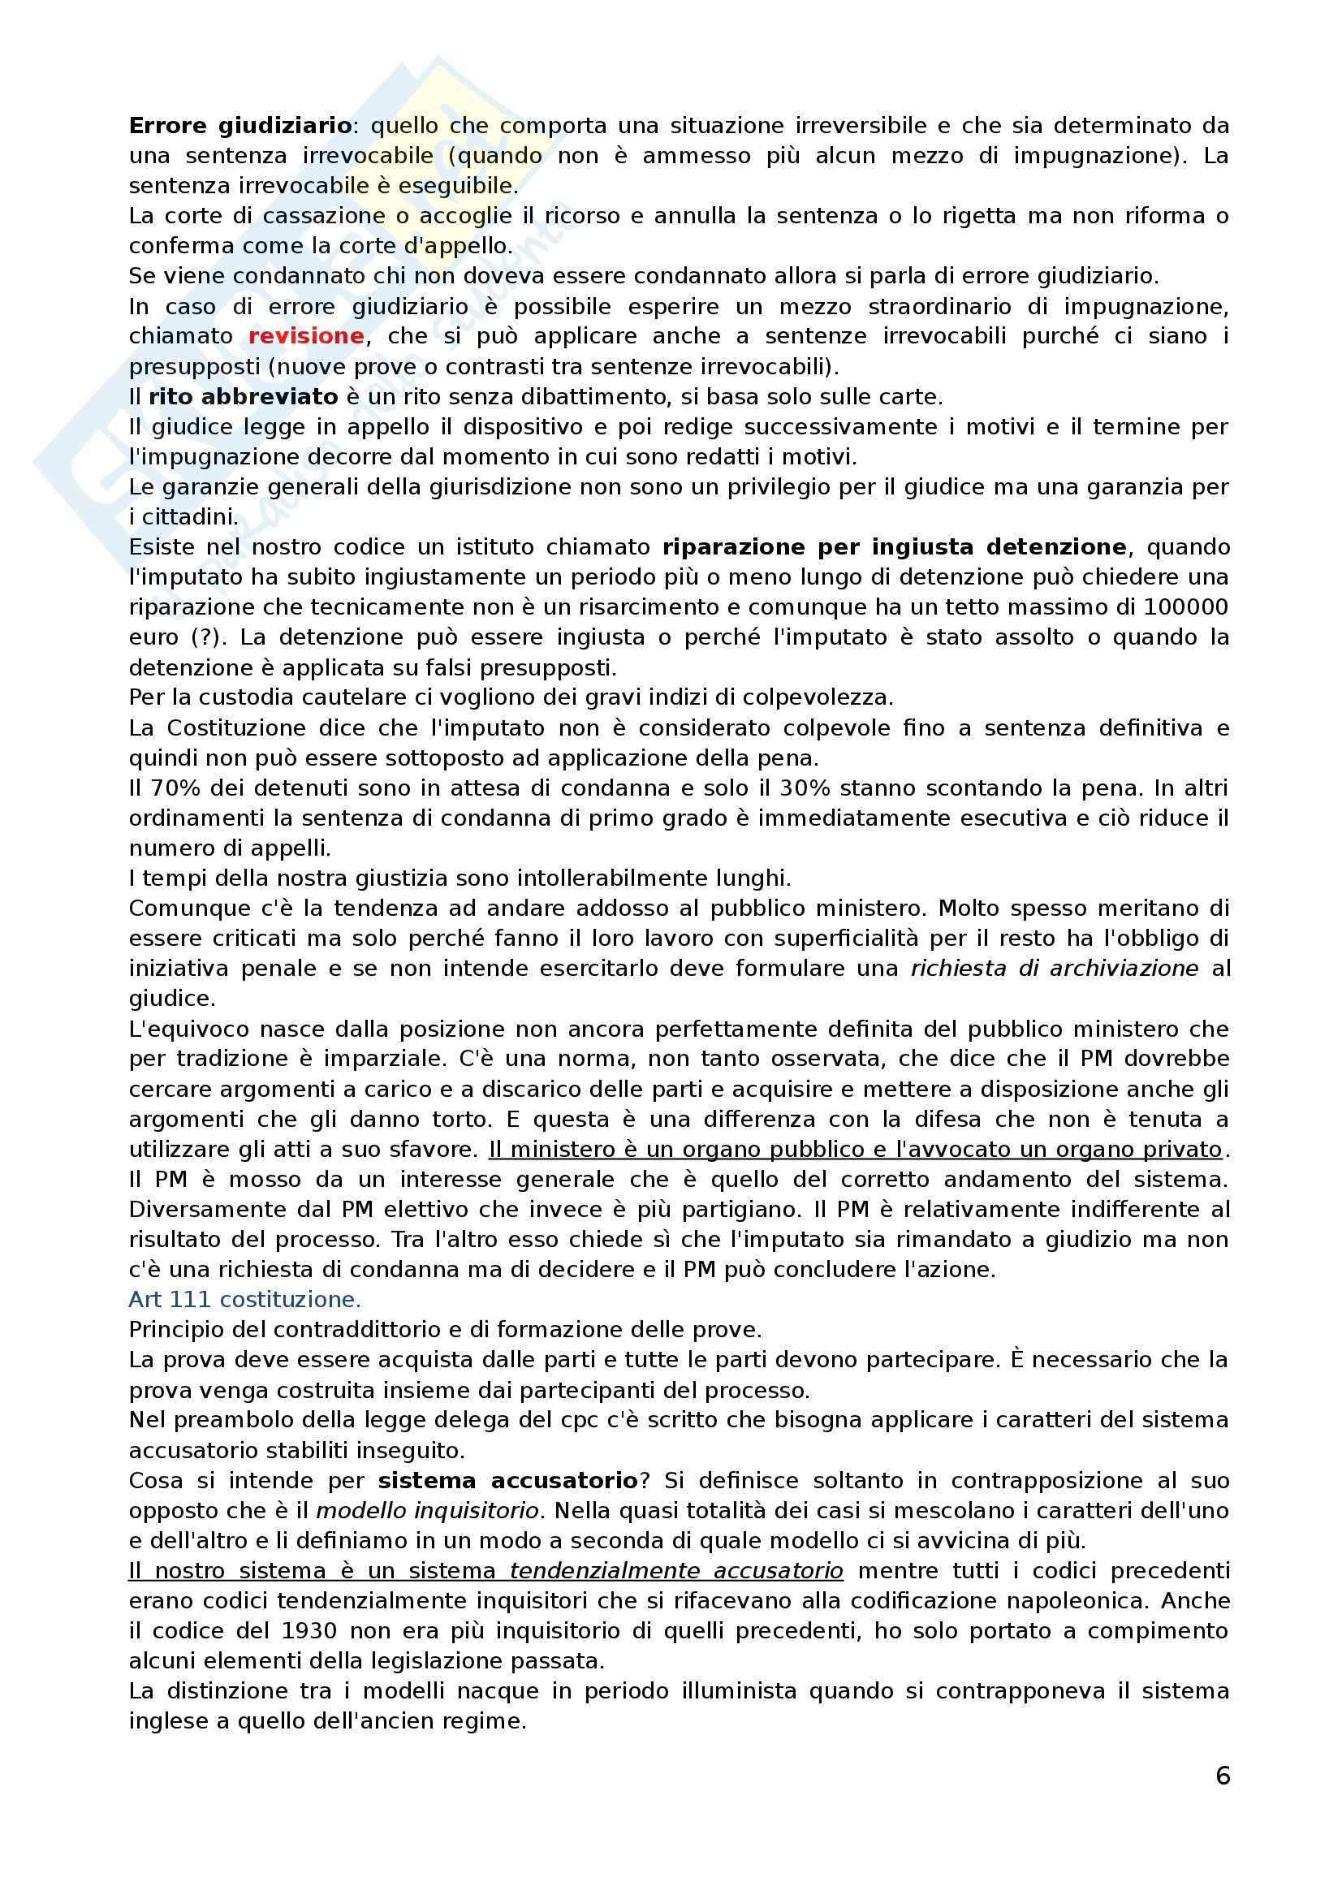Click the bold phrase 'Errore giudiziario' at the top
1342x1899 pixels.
(x=240, y=127)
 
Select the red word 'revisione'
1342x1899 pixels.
(x=306, y=337)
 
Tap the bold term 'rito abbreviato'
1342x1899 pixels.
(x=243, y=397)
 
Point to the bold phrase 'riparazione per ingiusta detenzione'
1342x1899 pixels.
(x=895, y=547)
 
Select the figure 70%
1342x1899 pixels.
(x=172, y=788)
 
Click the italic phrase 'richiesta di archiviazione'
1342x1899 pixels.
(x=1055, y=969)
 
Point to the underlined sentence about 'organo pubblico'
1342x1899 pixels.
(x=855, y=1150)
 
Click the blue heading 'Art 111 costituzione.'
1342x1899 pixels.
(x=244, y=1300)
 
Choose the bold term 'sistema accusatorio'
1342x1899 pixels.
(x=508, y=1481)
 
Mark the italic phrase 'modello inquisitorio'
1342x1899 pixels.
(x=428, y=1511)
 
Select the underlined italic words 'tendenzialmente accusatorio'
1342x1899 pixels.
(x=676, y=1571)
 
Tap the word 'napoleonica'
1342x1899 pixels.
(x=1064, y=1601)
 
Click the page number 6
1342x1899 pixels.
(x=1223, y=1776)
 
